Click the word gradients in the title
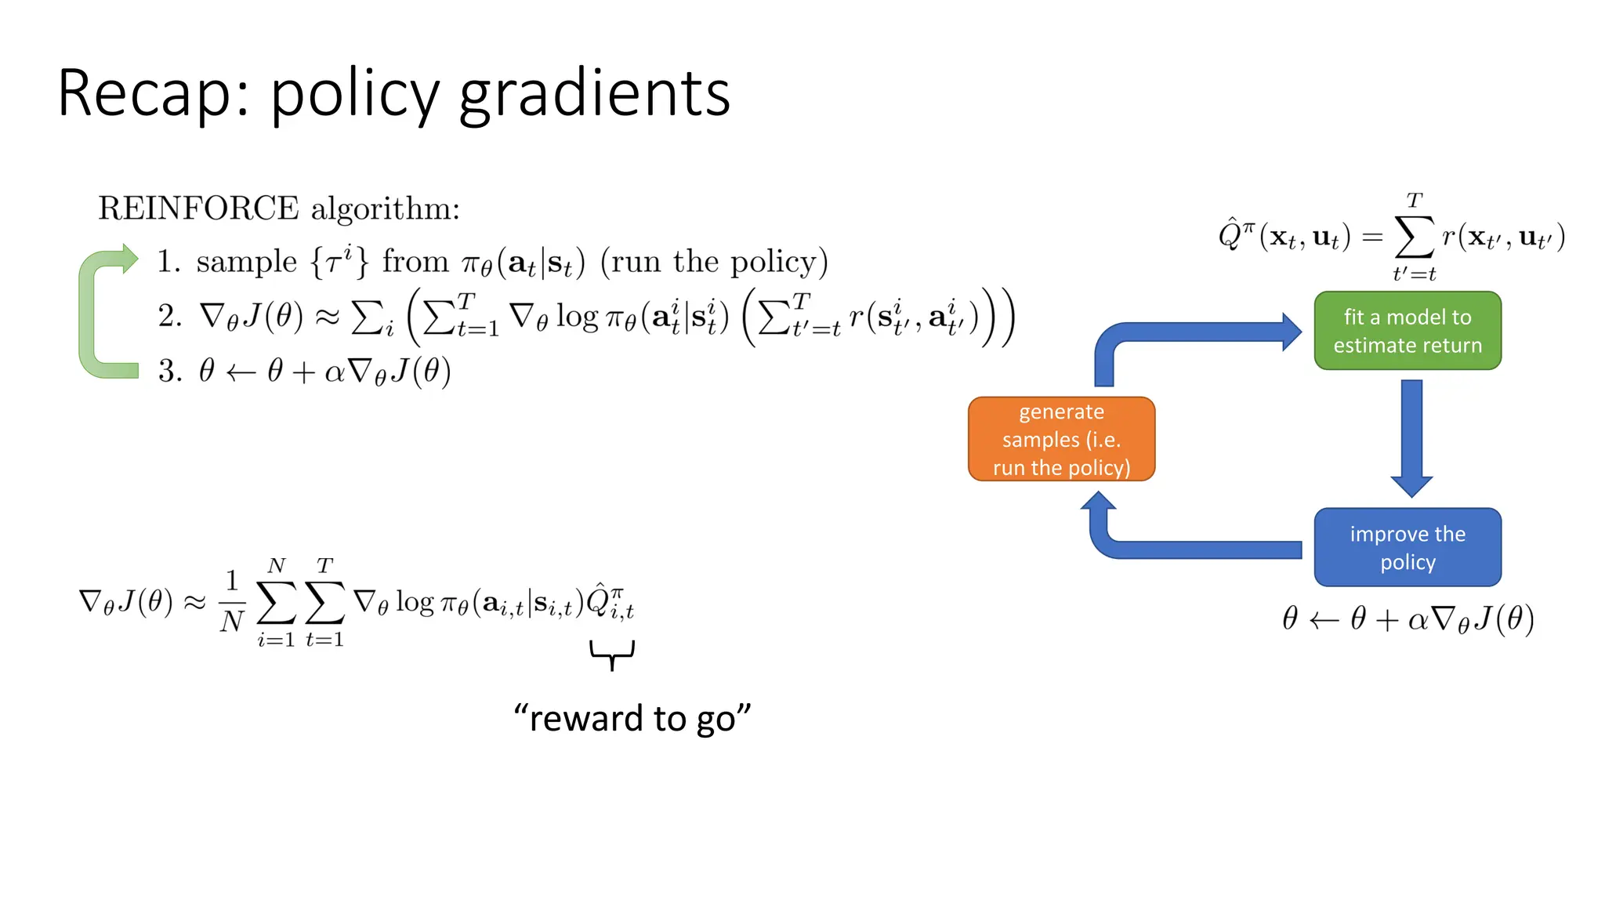594,94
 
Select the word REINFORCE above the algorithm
198,209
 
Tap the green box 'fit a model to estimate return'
1407,331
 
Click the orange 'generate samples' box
1061,439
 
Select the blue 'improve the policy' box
1407,547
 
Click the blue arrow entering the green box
1199,332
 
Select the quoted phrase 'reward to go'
632,718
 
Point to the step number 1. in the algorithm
168,262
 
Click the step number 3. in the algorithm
170,371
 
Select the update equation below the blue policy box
1408,619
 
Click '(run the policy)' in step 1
714,262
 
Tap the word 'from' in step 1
415,262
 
